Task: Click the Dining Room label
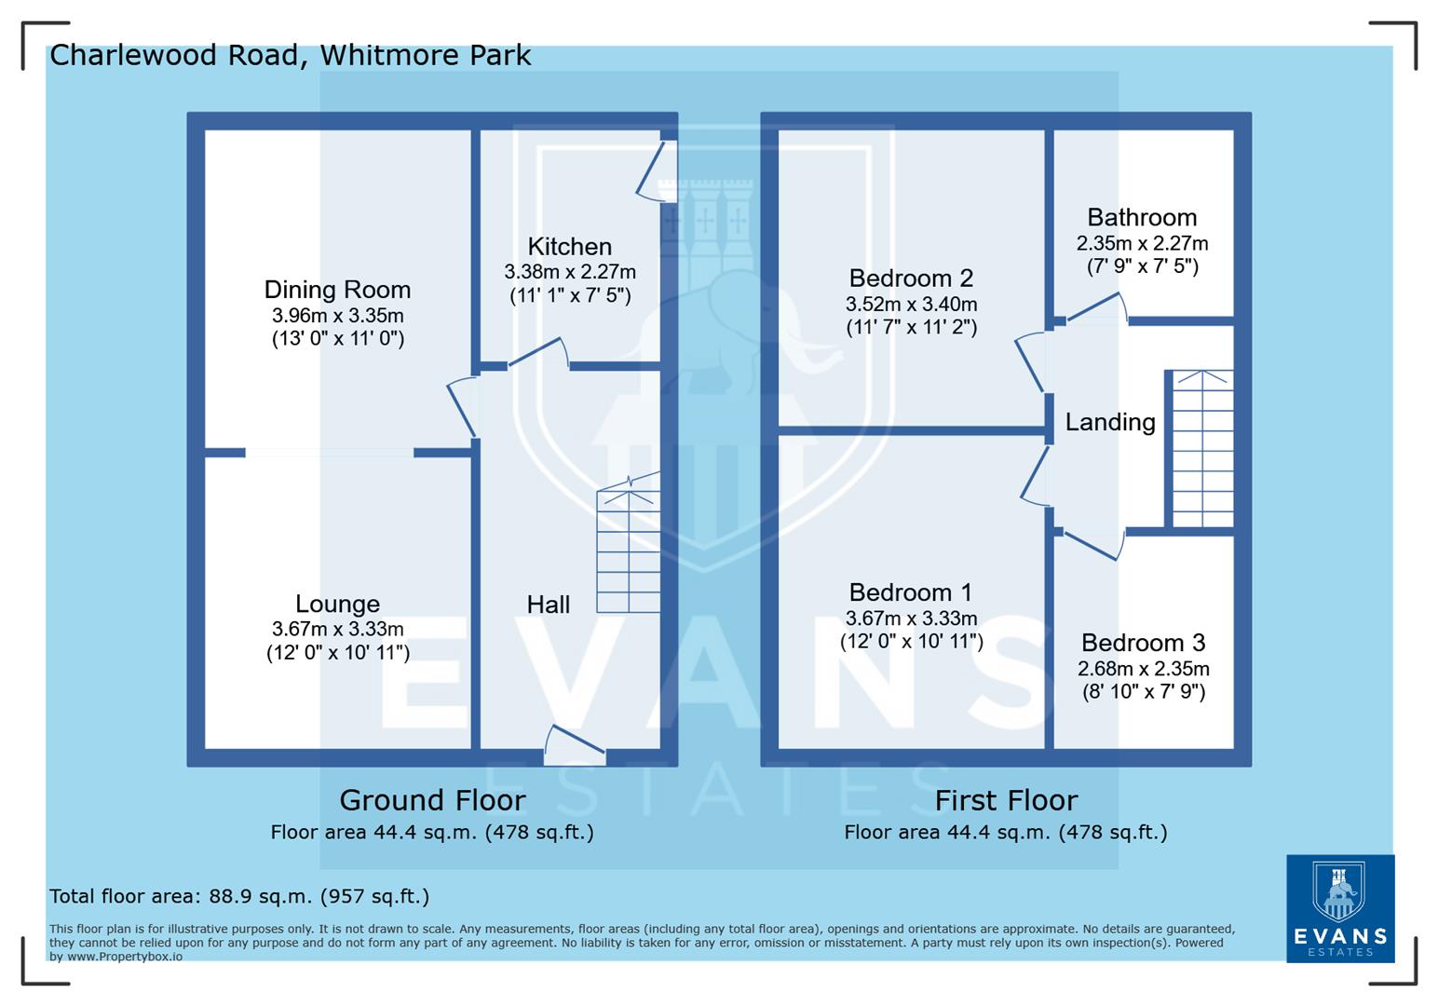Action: [x=337, y=290]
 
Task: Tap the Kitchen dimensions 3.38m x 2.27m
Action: [x=569, y=272]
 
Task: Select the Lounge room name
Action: [x=337, y=604]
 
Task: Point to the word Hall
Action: [x=548, y=605]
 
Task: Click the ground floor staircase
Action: [x=629, y=550]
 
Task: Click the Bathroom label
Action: [x=1142, y=218]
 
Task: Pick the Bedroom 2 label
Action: [x=911, y=278]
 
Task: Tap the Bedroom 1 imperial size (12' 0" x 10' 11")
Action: [x=911, y=642]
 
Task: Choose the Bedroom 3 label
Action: [x=1143, y=643]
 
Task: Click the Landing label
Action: [x=1110, y=422]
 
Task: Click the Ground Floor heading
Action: [x=432, y=800]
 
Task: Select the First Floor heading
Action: [x=1006, y=800]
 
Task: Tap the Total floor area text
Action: [x=239, y=896]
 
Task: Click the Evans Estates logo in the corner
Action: [x=1339, y=908]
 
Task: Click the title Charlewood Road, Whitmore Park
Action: [x=290, y=55]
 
